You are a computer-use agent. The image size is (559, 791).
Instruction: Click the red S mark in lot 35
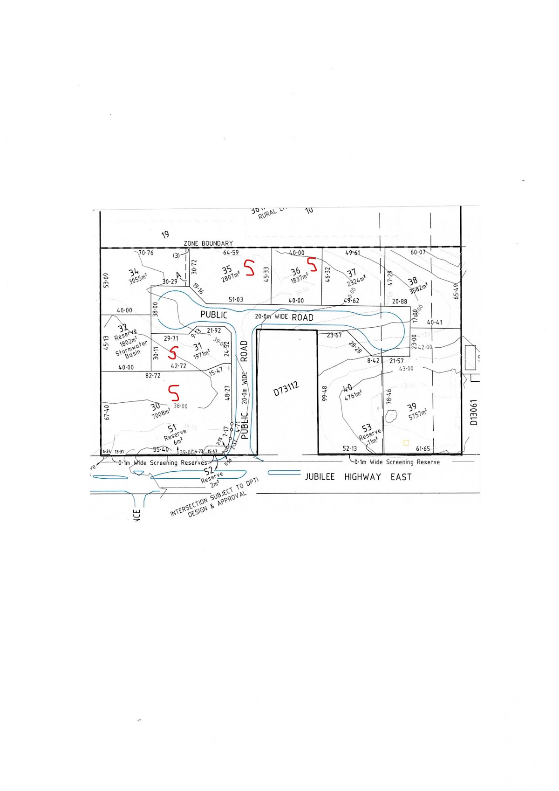(250, 268)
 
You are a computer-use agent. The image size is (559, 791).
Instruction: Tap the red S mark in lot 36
(312, 264)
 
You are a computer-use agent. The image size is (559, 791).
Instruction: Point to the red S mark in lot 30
(174, 392)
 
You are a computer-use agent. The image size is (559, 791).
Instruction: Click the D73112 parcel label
(286, 388)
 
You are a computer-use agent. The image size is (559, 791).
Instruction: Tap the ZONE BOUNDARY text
(208, 243)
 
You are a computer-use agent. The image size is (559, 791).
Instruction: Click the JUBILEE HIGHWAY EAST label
(358, 477)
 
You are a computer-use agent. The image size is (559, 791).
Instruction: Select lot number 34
(134, 272)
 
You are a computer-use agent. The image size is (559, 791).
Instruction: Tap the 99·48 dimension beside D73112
(325, 393)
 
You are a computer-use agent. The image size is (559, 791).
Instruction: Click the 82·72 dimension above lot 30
(153, 375)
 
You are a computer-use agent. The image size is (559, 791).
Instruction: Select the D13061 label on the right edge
(474, 412)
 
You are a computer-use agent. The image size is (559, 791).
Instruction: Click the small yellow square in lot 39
(406, 442)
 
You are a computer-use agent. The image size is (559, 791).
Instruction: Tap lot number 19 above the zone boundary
(165, 234)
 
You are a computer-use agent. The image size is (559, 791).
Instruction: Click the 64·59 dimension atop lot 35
(231, 253)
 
